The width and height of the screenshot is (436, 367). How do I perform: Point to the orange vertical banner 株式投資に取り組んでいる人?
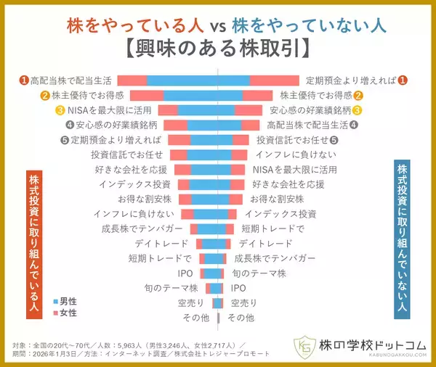pos(33,243)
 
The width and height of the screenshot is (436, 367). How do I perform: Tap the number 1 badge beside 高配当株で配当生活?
pos(24,80)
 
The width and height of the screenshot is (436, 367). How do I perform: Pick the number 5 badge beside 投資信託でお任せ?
pos(334,140)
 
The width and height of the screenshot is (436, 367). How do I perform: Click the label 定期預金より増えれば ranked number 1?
pos(351,80)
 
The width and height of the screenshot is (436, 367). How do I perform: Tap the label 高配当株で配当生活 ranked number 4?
pos(308,125)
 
